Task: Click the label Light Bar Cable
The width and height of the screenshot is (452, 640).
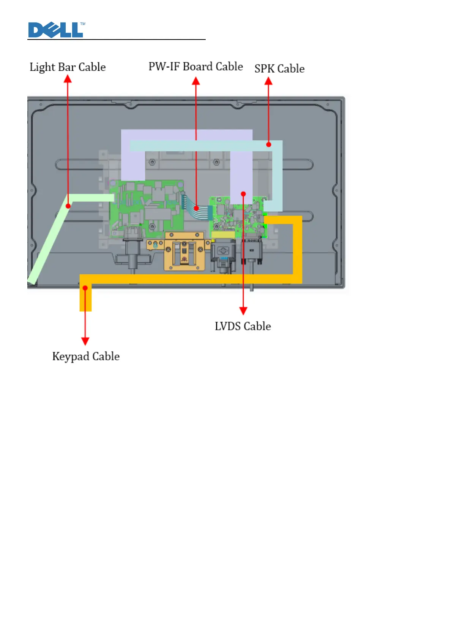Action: (68, 67)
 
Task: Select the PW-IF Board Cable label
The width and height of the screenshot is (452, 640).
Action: (195, 67)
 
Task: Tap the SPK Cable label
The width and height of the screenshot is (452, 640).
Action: (279, 69)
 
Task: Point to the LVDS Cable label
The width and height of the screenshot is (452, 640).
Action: (243, 326)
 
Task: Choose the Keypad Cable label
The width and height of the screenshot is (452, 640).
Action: (86, 356)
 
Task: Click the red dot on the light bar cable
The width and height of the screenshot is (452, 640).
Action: (68, 206)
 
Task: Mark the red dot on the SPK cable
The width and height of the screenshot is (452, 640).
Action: (269, 144)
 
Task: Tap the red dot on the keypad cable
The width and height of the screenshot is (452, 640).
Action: (85, 288)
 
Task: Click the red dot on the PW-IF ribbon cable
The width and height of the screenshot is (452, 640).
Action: (196, 208)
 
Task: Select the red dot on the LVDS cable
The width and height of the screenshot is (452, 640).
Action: (243, 193)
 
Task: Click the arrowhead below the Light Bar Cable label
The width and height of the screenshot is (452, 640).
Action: (68, 79)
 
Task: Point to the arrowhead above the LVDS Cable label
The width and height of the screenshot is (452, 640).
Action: (243, 310)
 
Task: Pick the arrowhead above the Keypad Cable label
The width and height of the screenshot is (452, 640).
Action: (85, 341)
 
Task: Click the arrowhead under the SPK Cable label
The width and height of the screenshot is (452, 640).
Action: (268, 81)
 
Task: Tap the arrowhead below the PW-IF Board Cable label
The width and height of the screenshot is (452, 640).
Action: (196, 81)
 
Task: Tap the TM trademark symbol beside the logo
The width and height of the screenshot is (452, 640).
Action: (83, 24)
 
